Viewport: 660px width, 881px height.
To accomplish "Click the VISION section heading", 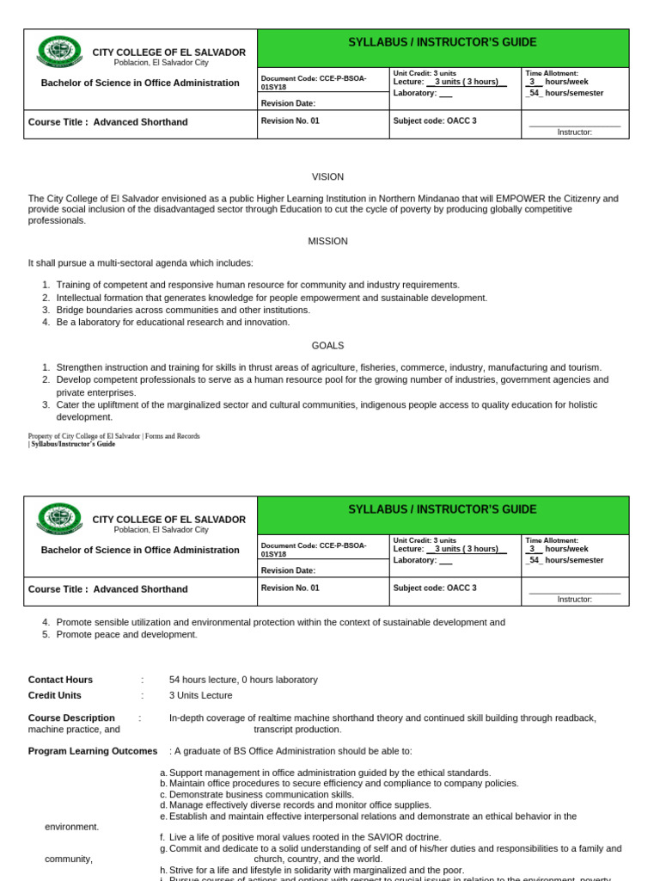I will pos(327,176).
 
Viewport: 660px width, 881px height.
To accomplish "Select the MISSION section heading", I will pos(327,241).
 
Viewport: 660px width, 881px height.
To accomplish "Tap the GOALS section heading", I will pos(327,345).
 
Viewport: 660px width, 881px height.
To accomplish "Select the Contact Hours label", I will pos(60,680).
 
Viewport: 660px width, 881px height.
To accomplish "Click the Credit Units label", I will pos(57,695).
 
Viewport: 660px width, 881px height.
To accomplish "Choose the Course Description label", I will pos(71,718).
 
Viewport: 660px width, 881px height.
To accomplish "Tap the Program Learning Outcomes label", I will pos(93,751).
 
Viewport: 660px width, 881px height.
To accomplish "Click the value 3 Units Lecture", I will pos(200,695).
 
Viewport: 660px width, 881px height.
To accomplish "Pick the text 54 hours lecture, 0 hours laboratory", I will pos(243,680).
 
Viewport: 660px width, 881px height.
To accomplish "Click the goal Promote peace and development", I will pos(126,634).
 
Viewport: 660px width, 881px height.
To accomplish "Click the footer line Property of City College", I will pos(113,436).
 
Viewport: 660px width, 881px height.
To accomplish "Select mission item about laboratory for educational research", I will pos(173,322).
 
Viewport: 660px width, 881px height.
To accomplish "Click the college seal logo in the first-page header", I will pos(59,52).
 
